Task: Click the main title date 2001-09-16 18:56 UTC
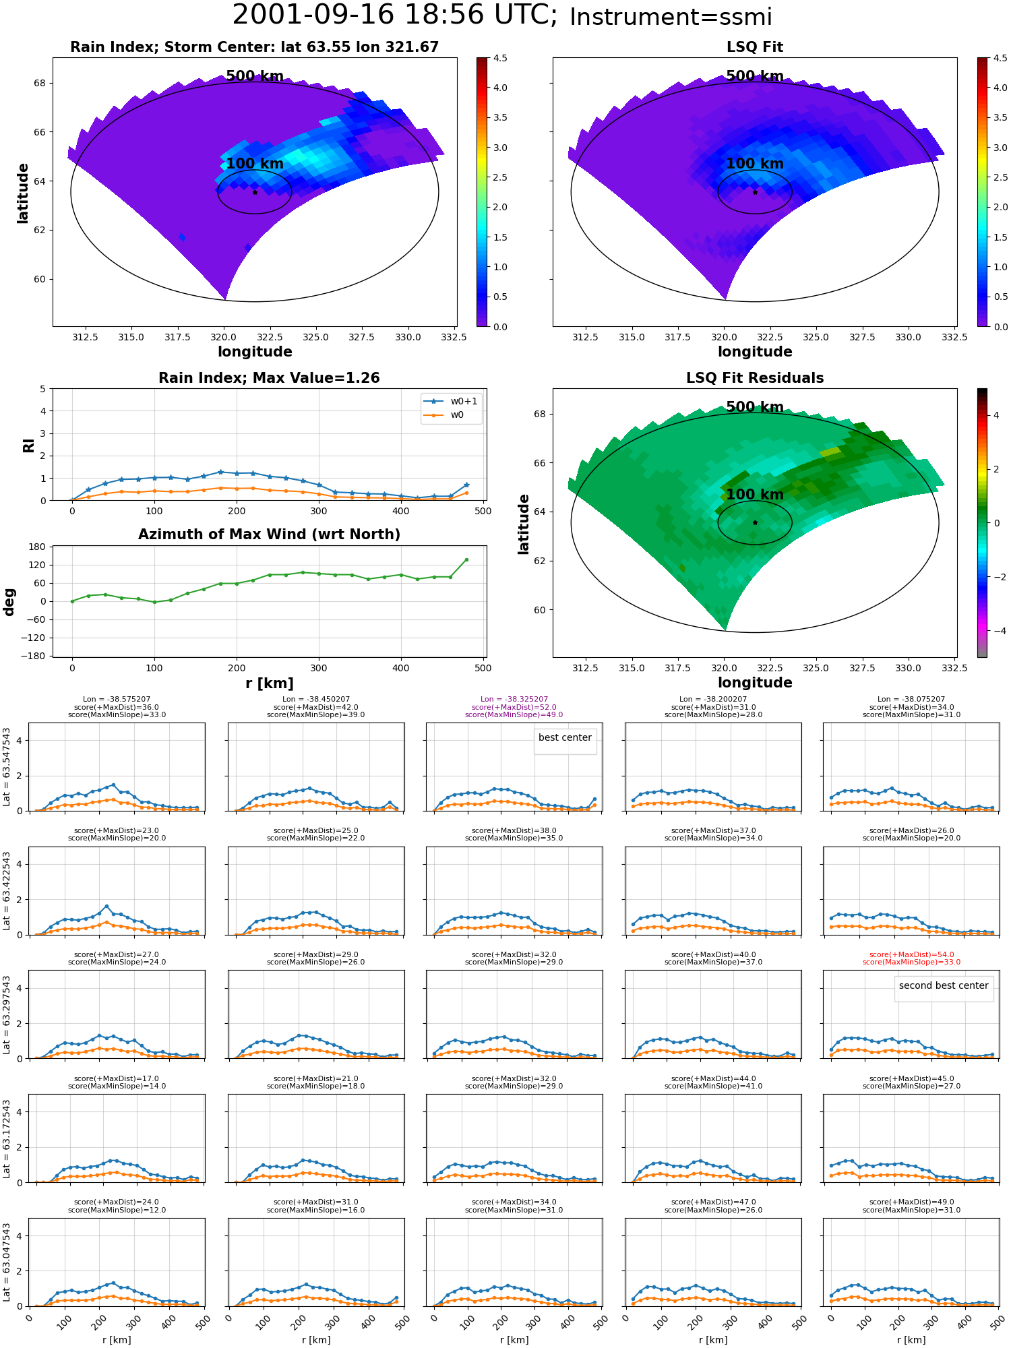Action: point(394,15)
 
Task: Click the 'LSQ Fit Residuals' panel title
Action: point(755,378)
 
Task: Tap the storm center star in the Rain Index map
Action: point(255,192)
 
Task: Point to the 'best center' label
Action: point(565,737)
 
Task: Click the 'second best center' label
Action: point(944,985)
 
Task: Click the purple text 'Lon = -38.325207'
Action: point(514,699)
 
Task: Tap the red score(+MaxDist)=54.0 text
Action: point(911,954)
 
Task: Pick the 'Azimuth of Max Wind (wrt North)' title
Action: point(269,534)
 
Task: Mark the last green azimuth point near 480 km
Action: point(466,559)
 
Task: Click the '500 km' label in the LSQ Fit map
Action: point(755,76)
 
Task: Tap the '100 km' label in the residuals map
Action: point(755,495)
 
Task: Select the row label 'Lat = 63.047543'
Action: point(7,1262)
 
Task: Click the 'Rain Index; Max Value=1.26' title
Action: point(269,378)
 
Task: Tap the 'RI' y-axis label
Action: point(28,445)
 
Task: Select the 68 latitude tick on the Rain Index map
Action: point(40,84)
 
